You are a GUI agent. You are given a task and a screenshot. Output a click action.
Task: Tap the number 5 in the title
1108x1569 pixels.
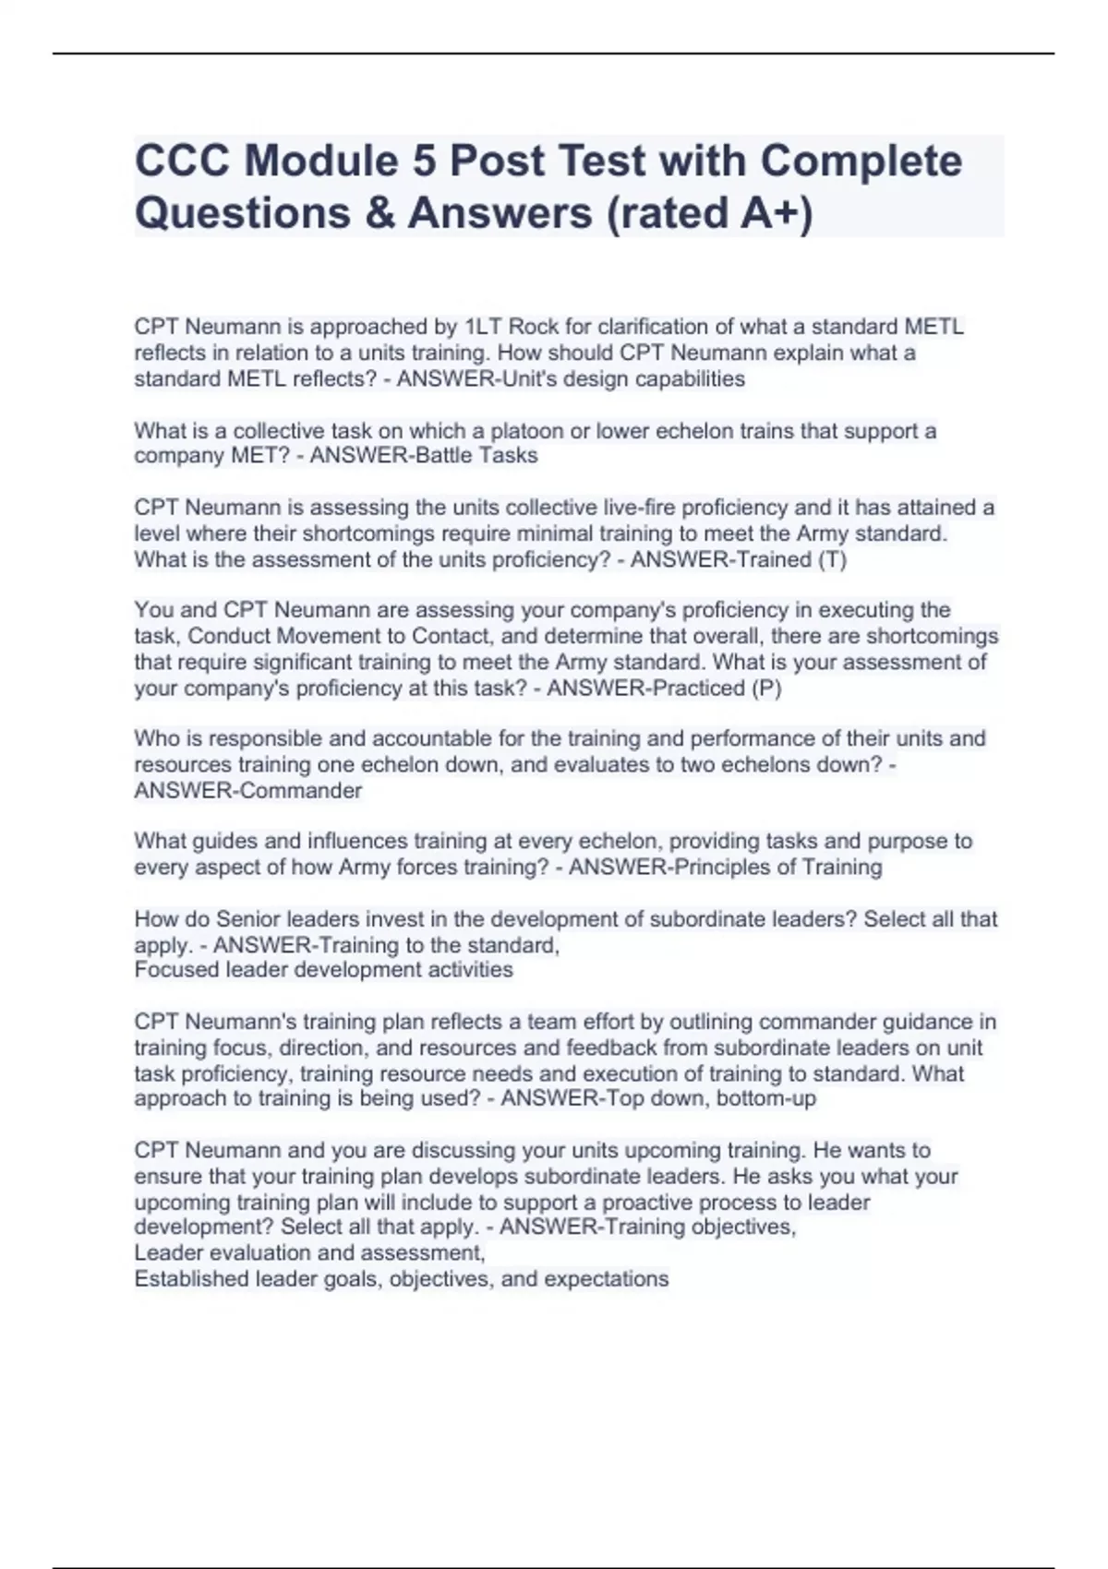coord(424,161)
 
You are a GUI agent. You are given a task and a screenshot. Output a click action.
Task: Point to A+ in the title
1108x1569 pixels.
coord(768,212)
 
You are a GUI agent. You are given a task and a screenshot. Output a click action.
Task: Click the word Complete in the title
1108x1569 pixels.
coord(861,161)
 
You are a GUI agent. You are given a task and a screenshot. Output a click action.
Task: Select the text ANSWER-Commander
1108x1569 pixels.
coord(248,790)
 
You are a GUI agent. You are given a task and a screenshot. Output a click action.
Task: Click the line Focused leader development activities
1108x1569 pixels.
coord(323,969)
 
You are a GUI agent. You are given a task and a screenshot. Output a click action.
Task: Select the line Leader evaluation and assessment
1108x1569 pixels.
coord(309,1252)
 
